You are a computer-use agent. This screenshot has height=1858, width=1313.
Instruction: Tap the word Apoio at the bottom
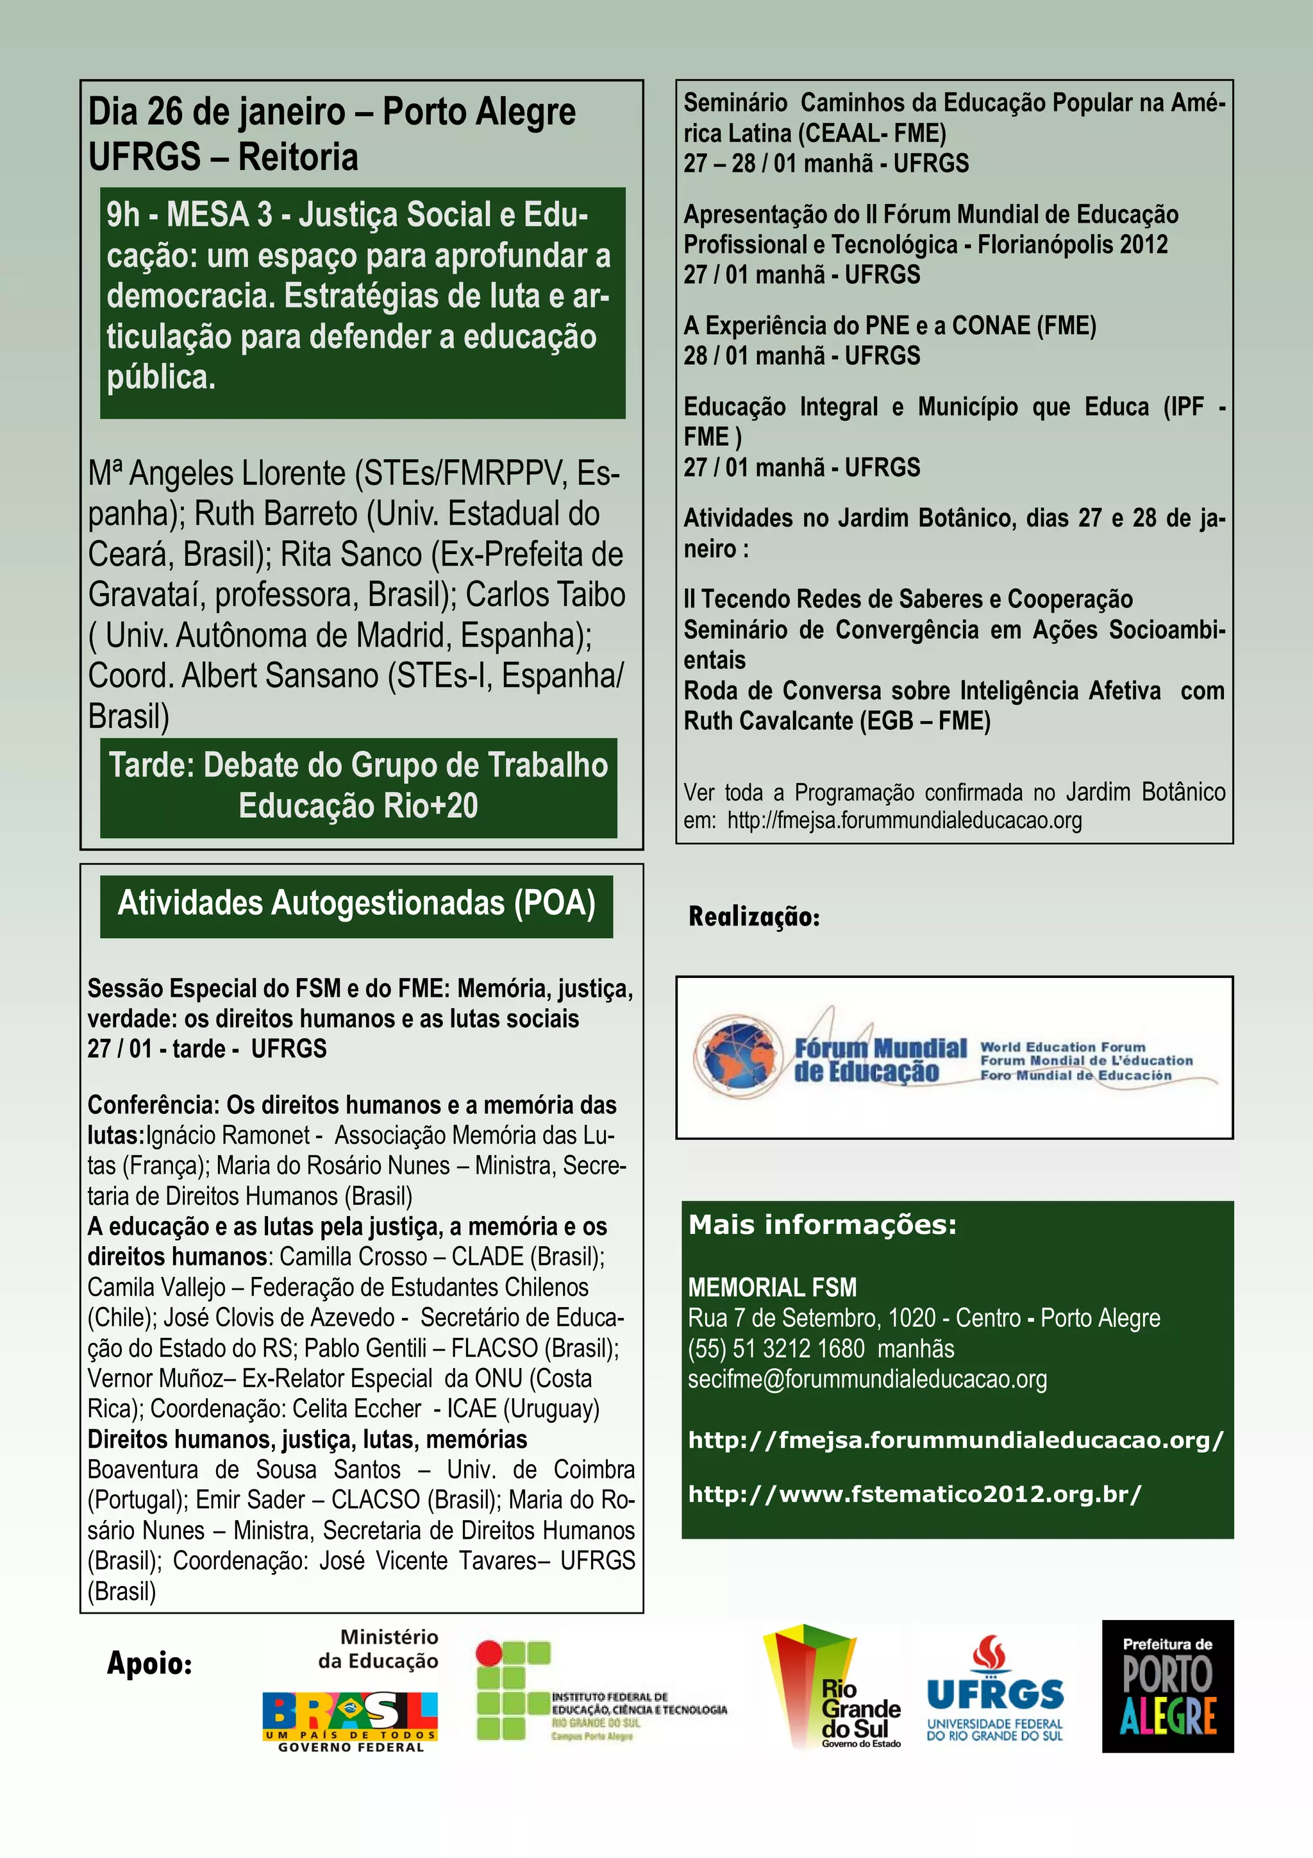[149, 1663]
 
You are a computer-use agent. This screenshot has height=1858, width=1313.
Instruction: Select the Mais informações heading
[822, 1225]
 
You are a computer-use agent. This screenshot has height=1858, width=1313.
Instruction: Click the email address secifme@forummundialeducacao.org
[867, 1379]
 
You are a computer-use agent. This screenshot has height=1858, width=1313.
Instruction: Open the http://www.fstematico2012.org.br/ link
[914, 1494]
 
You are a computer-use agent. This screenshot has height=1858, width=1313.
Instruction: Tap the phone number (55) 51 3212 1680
[776, 1348]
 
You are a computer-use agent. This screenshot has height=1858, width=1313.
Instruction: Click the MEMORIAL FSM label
[772, 1287]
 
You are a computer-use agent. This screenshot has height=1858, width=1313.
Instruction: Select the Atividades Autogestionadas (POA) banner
[356, 904]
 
